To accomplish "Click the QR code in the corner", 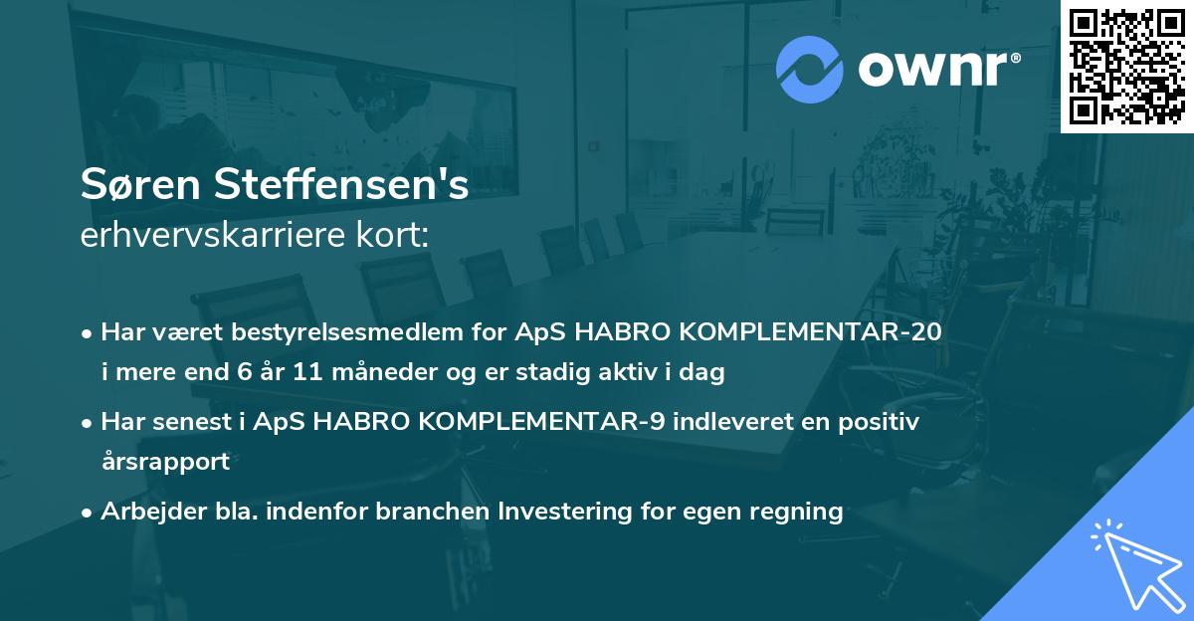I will click(x=1126, y=67).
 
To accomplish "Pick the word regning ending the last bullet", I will click(x=798, y=512).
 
